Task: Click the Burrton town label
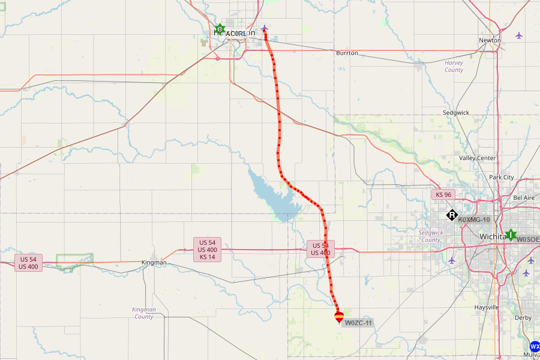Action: tap(347, 53)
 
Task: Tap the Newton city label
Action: tap(490, 40)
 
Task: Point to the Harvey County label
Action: tap(454, 66)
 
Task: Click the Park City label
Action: tap(501, 178)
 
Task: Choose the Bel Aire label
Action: tap(524, 197)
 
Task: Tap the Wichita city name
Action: tap(494, 237)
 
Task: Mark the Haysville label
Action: tap(487, 307)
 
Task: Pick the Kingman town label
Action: tap(154, 263)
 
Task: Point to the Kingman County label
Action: tap(144, 313)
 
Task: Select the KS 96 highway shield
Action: tap(443, 195)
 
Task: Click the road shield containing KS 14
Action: tap(207, 249)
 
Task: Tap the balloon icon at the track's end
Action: tap(339, 317)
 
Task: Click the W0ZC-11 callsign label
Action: tap(359, 323)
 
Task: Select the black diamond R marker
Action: tap(452, 215)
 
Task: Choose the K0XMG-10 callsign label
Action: tap(474, 220)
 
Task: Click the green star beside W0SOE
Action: tap(511, 235)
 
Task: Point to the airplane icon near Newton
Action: tap(519, 35)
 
